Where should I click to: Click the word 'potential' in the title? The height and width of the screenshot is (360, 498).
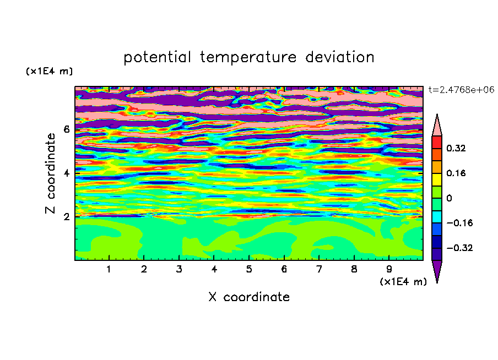[x=157, y=57]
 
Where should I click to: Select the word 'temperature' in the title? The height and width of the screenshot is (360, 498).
[x=248, y=57]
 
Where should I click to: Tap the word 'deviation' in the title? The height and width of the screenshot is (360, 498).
[x=340, y=57]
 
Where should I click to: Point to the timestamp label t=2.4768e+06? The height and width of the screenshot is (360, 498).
[x=461, y=90]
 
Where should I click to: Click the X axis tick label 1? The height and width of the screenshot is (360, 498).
[x=109, y=269]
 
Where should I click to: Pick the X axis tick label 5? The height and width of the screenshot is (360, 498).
[x=249, y=269]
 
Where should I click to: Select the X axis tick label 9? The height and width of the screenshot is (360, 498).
[x=389, y=269]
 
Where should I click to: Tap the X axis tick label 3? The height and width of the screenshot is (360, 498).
[x=179, y=269]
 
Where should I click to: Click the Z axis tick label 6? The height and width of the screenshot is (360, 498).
[x=66, y=129]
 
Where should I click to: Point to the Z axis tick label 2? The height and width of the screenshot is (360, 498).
[x=66, y=216]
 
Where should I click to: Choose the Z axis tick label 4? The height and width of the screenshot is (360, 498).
[x=66, y=173]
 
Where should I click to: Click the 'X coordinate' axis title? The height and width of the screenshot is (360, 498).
[x=249, y=297]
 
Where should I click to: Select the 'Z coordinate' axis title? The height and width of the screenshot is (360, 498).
[x=51, y=173]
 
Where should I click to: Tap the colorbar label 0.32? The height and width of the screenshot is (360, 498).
[x=456, y=148]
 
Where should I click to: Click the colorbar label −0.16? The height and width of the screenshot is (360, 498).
[x=459, y=223]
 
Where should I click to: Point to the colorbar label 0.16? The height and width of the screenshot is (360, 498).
[x=456, y=173]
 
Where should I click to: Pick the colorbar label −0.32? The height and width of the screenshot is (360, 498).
[x=459, y=248]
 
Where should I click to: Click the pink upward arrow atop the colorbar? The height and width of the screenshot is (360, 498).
[x=437, y=126]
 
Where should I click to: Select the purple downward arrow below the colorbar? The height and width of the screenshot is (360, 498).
[x=437, y=270]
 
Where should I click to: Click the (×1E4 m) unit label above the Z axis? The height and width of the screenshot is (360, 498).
[x=49, y=71]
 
